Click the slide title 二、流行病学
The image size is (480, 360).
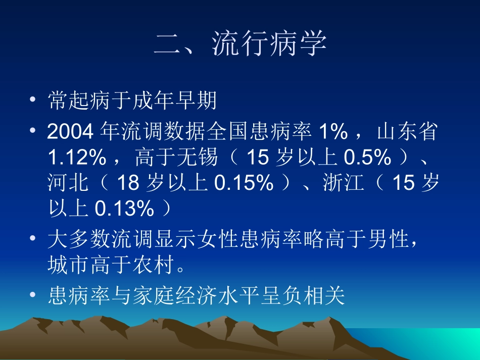(x=240, y=44)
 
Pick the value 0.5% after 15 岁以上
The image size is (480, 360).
(x=367, y=158)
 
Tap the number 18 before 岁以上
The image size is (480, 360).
(x=127, y=183)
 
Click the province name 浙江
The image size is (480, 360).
(x=344, y=183)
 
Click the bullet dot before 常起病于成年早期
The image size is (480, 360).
(x=33, y=100)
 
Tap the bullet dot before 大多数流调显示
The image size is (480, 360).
(x=33, y=239)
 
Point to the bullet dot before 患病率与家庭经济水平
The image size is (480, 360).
(x=33, y=295)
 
